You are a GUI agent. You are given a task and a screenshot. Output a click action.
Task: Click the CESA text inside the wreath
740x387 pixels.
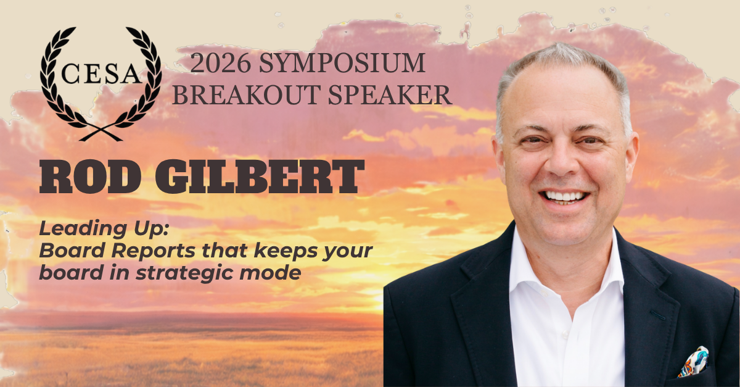pos(101,73)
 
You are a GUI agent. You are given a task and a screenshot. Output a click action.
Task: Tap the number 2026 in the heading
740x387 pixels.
pos(220,63)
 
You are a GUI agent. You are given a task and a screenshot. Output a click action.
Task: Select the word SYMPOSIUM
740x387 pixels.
pos(342,63)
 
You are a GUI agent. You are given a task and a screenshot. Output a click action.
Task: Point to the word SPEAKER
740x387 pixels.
pos(390,95)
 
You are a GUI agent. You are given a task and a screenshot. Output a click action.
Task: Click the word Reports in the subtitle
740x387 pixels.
pos(154,251)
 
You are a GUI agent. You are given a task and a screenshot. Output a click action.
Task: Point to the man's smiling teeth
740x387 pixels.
pos(565,196)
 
